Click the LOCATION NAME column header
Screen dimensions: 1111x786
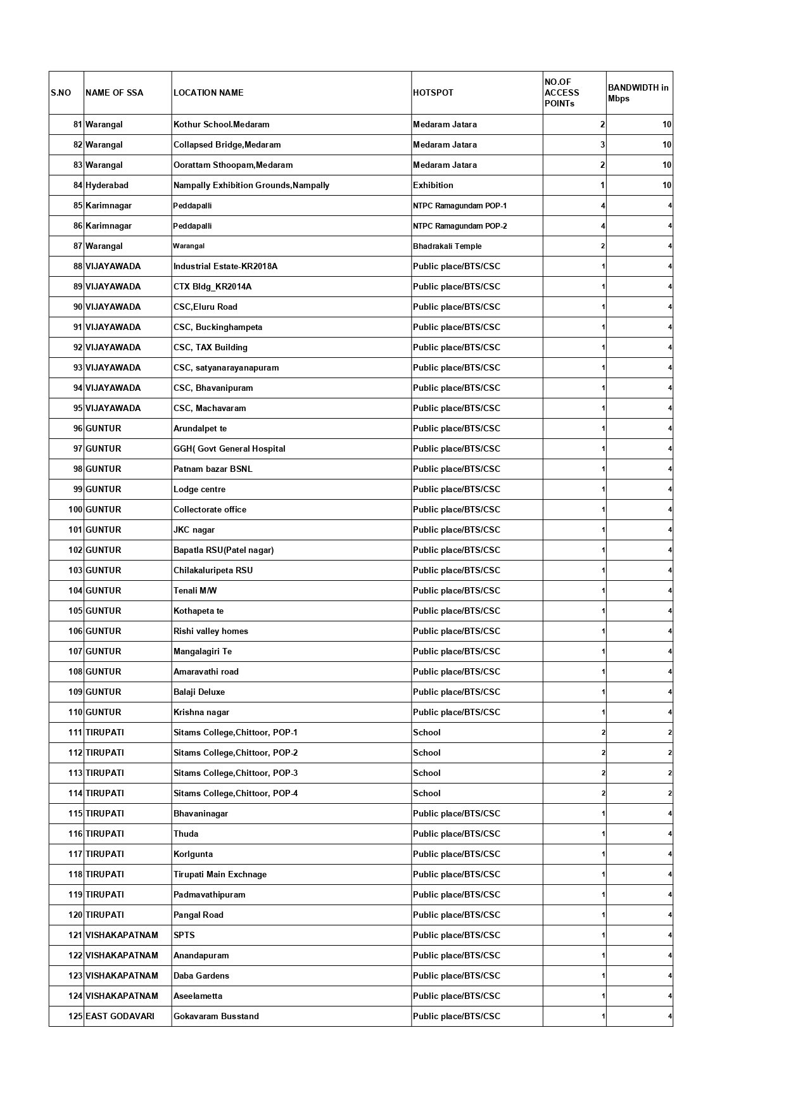pyautogui.click(x=208, y=92)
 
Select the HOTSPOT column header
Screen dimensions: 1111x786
pyautogui.click(x=433, y=92)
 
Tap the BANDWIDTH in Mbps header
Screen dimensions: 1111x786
pyautogui.click(x=638, y=92)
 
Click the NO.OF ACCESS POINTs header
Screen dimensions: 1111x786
pyautogui.click(x=562, y=92)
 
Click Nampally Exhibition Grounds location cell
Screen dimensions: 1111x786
pyautogui.click(x=251, y=185)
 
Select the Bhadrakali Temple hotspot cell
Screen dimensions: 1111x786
pyautogui.click(x=447, y=246)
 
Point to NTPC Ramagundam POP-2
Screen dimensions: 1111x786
pyautogui.click(x=460, y=225)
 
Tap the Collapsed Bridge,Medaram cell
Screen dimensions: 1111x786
pyautogui.click(x=227, y=144)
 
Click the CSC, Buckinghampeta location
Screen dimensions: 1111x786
pyautogui.click(x=218, y=327)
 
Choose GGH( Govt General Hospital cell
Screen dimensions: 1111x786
pyautogui.click(x=229, y=448)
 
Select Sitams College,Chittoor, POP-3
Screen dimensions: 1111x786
pyautogui.click(x=236, y=773)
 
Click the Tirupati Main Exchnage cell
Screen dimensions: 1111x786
pyautogui.click(x=220, y=874)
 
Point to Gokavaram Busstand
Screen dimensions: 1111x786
pyautogui.click(x=216, y=1016)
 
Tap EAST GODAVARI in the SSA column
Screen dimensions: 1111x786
pyautogui.click(x=120, y=1016)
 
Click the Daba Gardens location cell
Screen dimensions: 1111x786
pyautogui.click(x=201, y=975)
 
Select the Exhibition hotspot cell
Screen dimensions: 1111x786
pyautogui.click(x=433, y=185)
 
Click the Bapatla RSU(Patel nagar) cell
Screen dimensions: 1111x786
pyautogui.click(x=224, y=550)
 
